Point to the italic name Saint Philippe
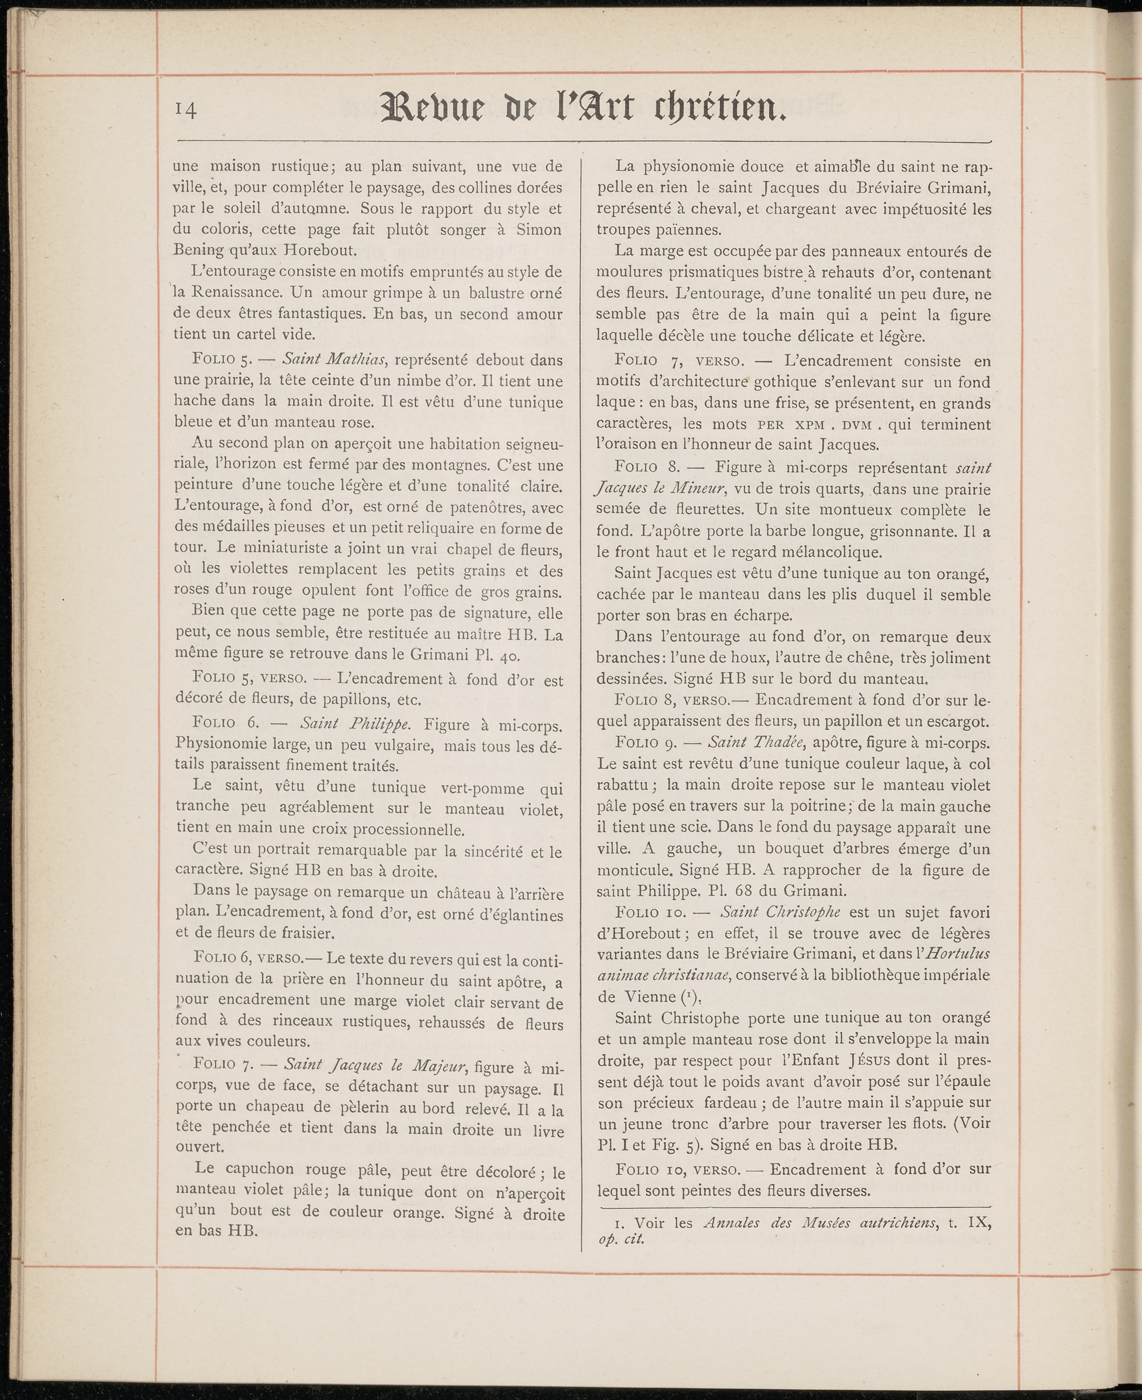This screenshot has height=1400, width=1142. [x=355, y=724]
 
